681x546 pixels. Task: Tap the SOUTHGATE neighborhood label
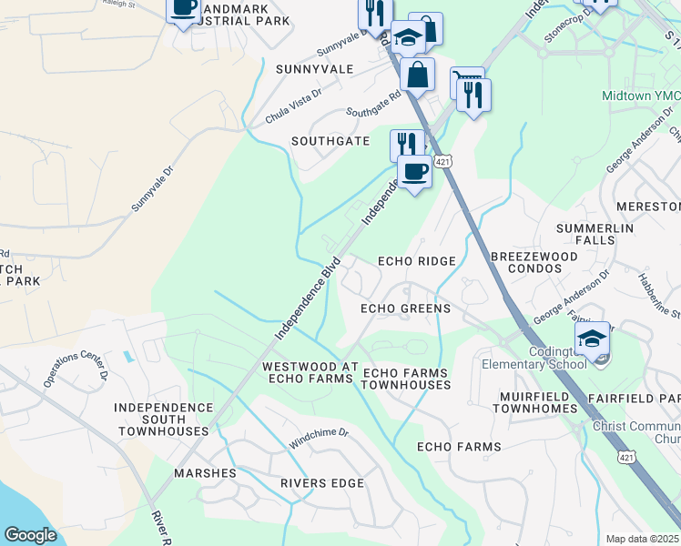coord(330,141)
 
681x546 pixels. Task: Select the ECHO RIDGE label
coord(417,261)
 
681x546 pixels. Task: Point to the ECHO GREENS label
coord(405,308)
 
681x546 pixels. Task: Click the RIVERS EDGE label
coord(322,482)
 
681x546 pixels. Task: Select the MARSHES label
coord(206,473)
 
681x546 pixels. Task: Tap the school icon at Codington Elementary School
coord(593,339)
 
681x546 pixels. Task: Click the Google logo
coord(30,535)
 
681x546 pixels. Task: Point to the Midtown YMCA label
coord(639,96)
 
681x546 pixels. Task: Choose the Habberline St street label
coord(658,295)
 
